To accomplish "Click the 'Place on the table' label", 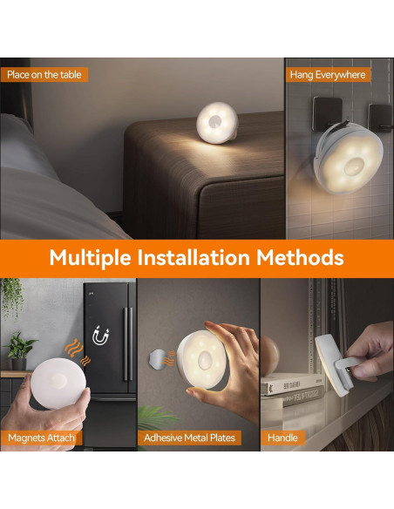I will point(44,75).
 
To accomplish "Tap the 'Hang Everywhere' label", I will point(328,75).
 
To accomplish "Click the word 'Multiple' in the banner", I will point(90,258).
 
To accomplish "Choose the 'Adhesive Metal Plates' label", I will point(190,438).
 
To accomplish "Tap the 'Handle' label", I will point(283,438).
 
